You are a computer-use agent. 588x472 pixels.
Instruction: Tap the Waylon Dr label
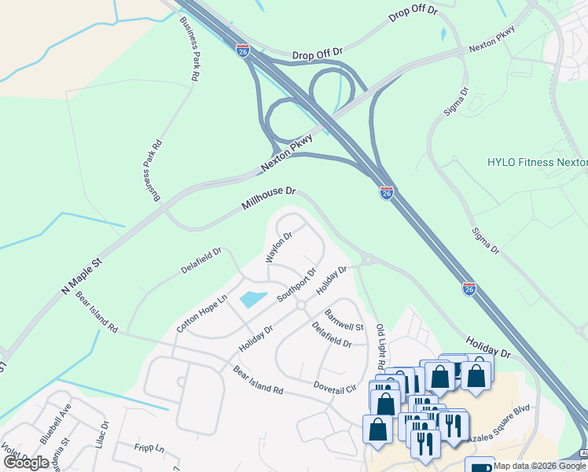[278, 246]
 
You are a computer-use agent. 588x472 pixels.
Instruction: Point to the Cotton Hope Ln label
[201, 313]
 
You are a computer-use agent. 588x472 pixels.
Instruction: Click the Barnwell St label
[344, 320]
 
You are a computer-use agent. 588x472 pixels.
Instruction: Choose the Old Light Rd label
[380, 346]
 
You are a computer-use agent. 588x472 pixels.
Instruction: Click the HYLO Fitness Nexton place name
[537, 163]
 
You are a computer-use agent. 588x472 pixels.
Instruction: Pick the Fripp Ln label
[149, 448]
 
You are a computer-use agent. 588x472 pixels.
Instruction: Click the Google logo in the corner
[27, 463]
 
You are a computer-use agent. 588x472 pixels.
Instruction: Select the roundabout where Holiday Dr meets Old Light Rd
[367, 260]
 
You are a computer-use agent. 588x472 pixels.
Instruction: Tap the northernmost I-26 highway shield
[243, 50]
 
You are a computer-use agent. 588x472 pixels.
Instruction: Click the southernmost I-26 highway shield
[469, 289]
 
